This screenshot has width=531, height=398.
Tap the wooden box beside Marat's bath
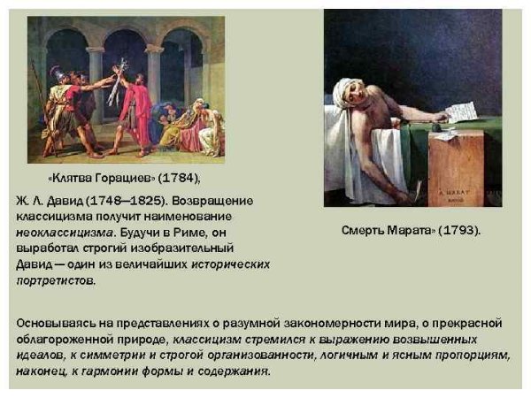pos(456,168)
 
